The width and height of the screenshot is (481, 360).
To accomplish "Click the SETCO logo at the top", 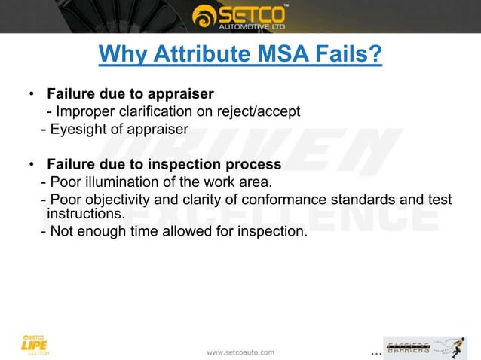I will pyautogui.click(x=240, y=16).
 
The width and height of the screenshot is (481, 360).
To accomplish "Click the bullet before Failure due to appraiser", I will pyautogui.click(x=31, y=95).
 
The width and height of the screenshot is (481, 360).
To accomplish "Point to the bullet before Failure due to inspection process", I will pyautogui.click(x=31, y=165).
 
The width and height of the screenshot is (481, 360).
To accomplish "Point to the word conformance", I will pyautogui.click(x=299, y=200).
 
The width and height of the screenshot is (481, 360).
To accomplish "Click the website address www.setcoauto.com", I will pyautogui.click(x=240, y=352).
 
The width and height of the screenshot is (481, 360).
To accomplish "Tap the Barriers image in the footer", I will pyautogui.click(x=424, y=347).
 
